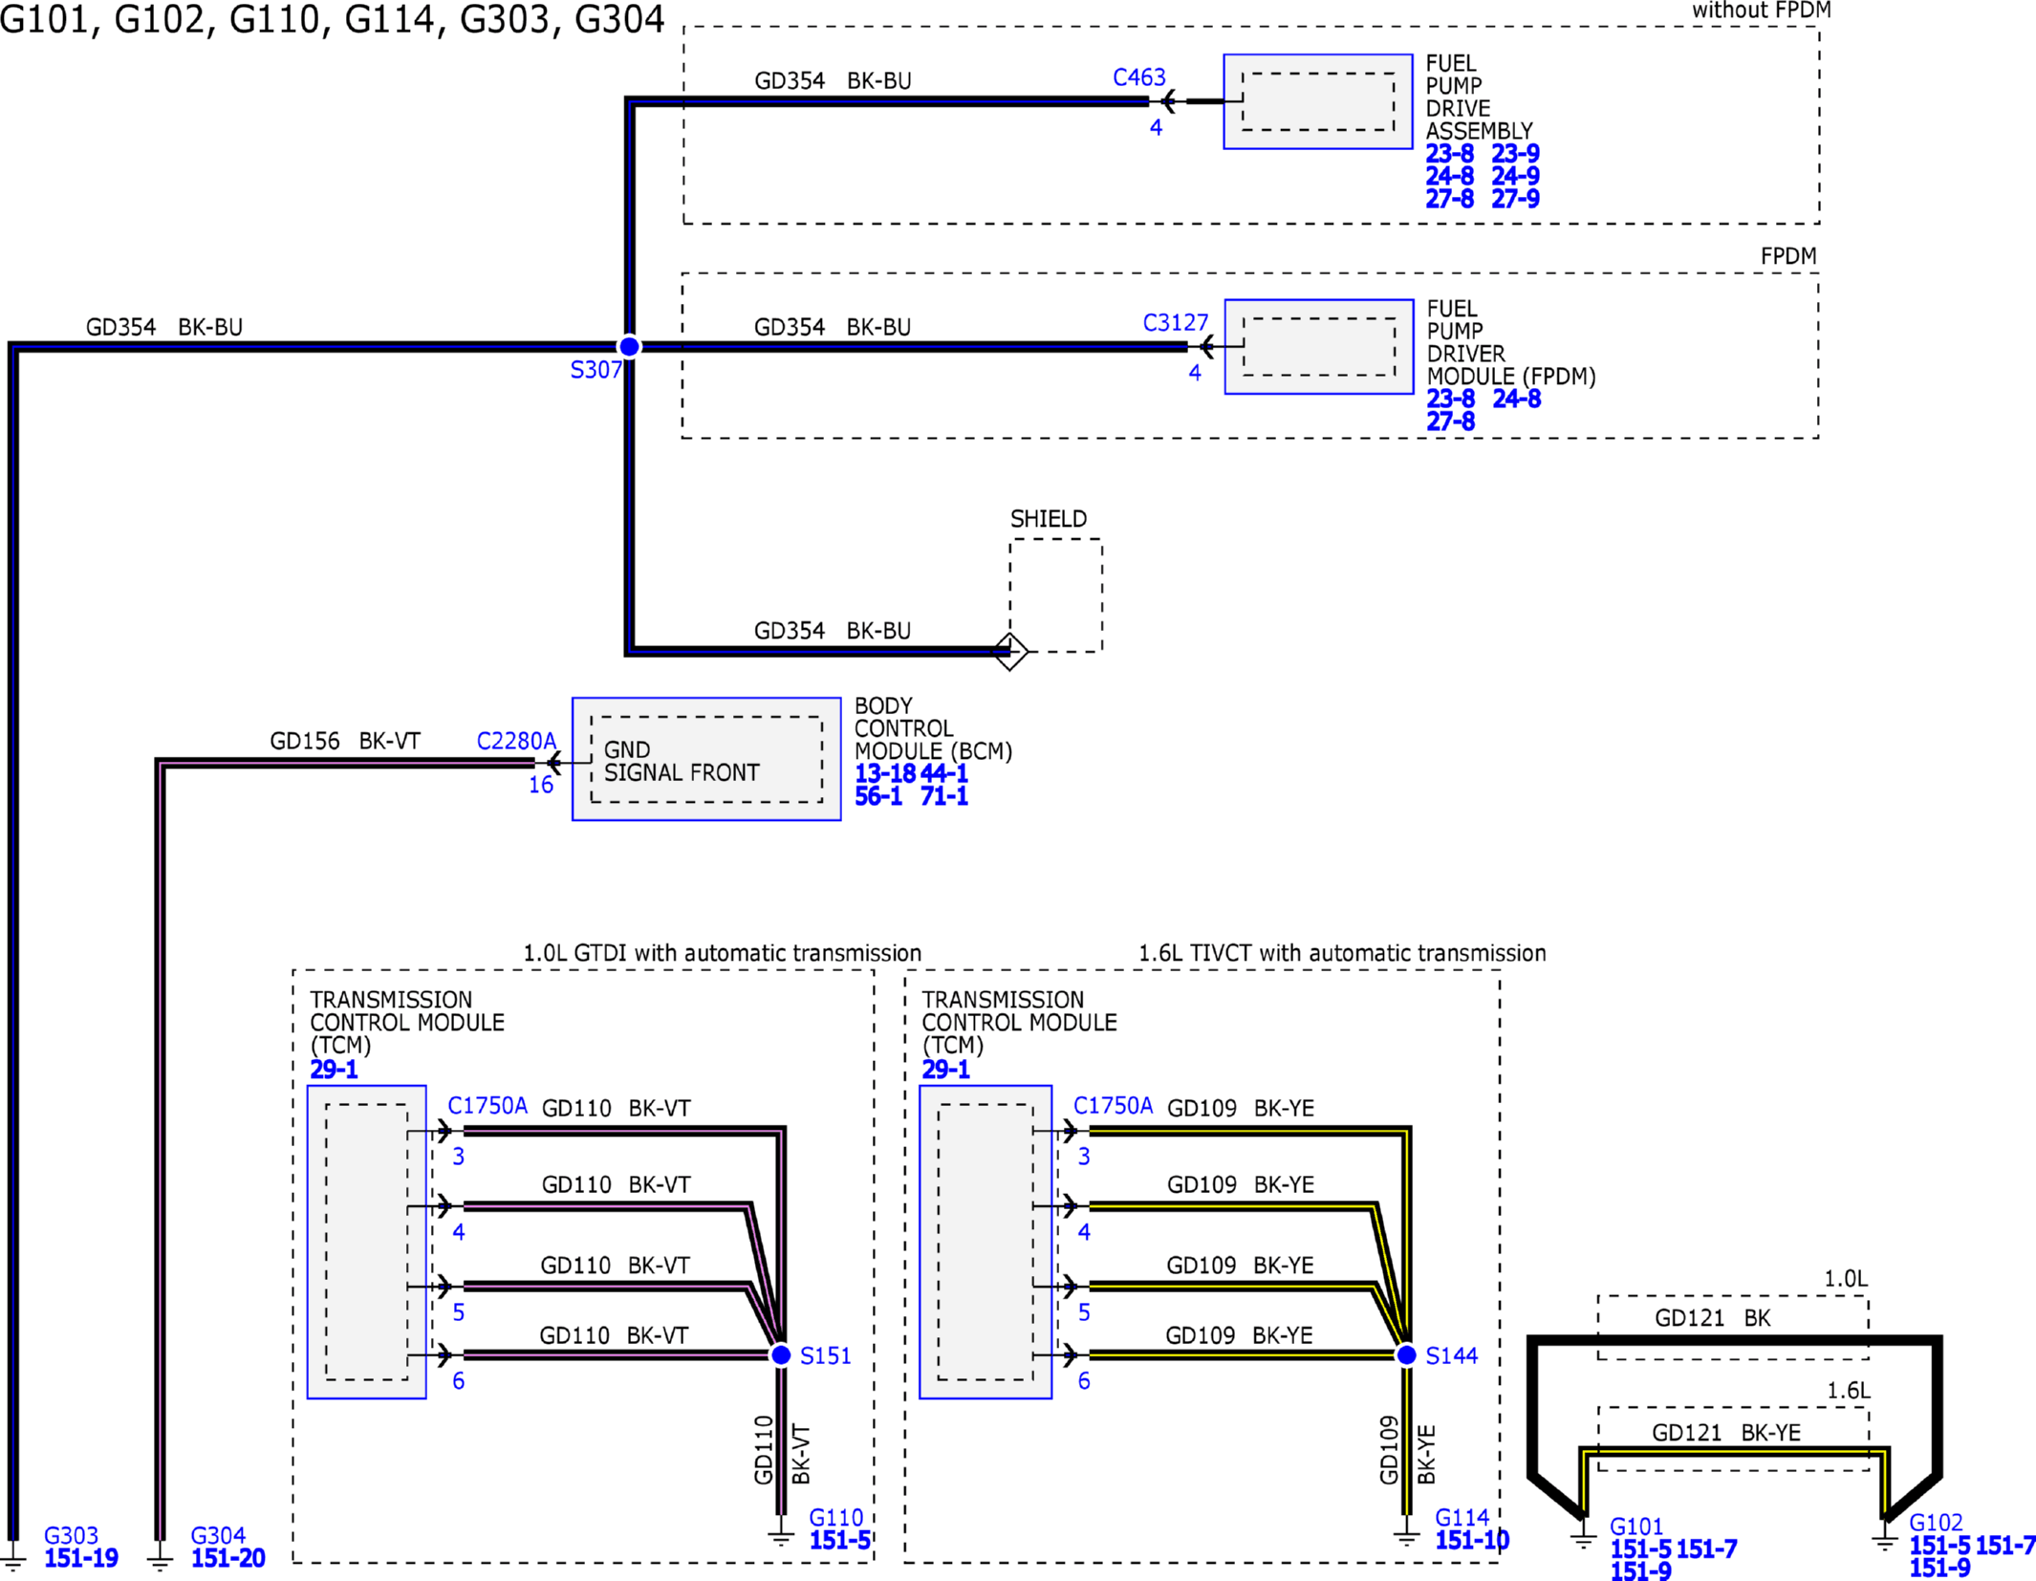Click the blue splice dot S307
click(x=629, y=346)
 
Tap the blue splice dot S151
click(x=781, y=1354)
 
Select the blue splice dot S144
click(x=1406, y=1354)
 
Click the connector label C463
click(x=1139, y=77)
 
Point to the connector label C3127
click(x=1176, y=323)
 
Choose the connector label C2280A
click(x=516, y=741)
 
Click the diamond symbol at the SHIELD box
click(x=1010, y=652)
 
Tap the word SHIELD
click(x=1049, y=519)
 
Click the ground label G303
click(x=72, y=1535)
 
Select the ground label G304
click(x=218, y=1535)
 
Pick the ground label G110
click(x=836, y=1517)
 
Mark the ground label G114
click(x=1462, y=1517)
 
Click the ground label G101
click(x=1636, y=1527)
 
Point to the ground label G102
click(x=1937, y=1523)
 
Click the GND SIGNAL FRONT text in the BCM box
click(x=682, y=761)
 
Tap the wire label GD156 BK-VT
click(x=345, y=741)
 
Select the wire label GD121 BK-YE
click(x=1726, y=1433)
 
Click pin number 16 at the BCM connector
click(x=541, y=785)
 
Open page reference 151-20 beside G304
click(x=228, y=1558)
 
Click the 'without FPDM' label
click(x=1762, y=11)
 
